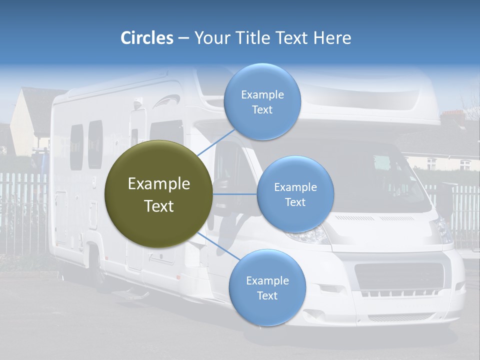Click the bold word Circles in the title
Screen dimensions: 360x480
tap(146, 38)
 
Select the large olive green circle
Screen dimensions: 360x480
tap(158, 194)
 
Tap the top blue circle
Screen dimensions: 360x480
tap(262, 101)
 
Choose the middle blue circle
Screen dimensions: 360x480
tap(295, 194)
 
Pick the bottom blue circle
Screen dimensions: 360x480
tap(267, 287)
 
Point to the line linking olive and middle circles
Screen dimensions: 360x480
tap(235, 194)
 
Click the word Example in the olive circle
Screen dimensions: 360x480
tap(158, 184)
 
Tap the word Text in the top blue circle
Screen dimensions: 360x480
tap(262, 110)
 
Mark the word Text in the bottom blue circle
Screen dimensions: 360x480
tap(267, 295)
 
